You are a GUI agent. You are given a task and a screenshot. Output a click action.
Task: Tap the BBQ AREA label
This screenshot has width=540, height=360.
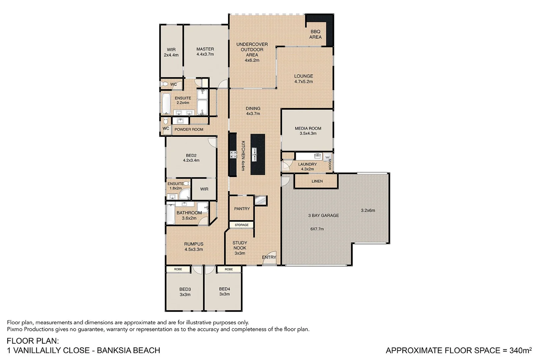(315, 34)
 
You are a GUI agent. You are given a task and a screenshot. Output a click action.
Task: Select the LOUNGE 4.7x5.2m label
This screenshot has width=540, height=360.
(303, 79)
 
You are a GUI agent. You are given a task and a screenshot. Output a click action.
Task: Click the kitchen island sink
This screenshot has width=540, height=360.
(254, 154)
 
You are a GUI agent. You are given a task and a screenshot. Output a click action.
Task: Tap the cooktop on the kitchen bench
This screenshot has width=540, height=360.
(233, 154)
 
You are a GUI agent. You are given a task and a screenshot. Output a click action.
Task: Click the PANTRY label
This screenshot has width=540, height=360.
(242, 209)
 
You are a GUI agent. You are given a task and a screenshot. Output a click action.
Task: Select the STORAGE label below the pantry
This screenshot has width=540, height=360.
(241, 225)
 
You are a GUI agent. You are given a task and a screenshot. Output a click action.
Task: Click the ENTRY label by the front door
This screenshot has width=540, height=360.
(269, 257)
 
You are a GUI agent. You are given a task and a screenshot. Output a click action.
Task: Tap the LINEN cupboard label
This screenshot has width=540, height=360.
(317, 181)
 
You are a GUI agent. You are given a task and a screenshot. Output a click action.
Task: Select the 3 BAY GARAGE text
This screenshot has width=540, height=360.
(323, 216)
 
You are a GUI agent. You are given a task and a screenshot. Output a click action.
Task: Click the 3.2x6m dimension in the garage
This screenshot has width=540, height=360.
(368, 210)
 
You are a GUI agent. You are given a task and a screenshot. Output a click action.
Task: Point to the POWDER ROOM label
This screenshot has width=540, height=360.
(189, 129)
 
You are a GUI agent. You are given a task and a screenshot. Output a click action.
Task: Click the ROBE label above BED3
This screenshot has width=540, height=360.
(178, 269)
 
